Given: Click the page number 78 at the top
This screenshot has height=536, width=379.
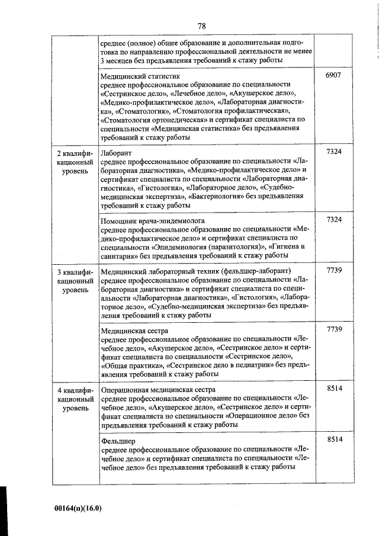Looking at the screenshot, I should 201,25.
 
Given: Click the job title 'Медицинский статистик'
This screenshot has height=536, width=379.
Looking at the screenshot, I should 140,76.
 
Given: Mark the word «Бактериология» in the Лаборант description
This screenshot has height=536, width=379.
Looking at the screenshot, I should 219,195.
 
